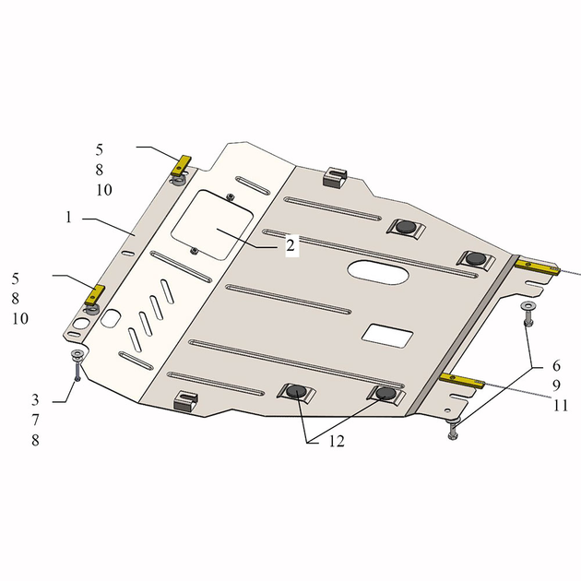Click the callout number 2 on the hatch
click(x=290, y=245)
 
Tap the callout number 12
click(x=337, y=441)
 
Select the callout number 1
click(x=68, y=217)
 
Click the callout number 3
click(x=35, y=400)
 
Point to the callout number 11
click(x=561, y=406)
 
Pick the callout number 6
click(x=556, y=366)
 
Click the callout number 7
click(x=35, y=420)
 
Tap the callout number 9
click(x=556, y=385)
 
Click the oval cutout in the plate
click(x=378, y=272)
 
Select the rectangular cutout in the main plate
click(x=387, y=336)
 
